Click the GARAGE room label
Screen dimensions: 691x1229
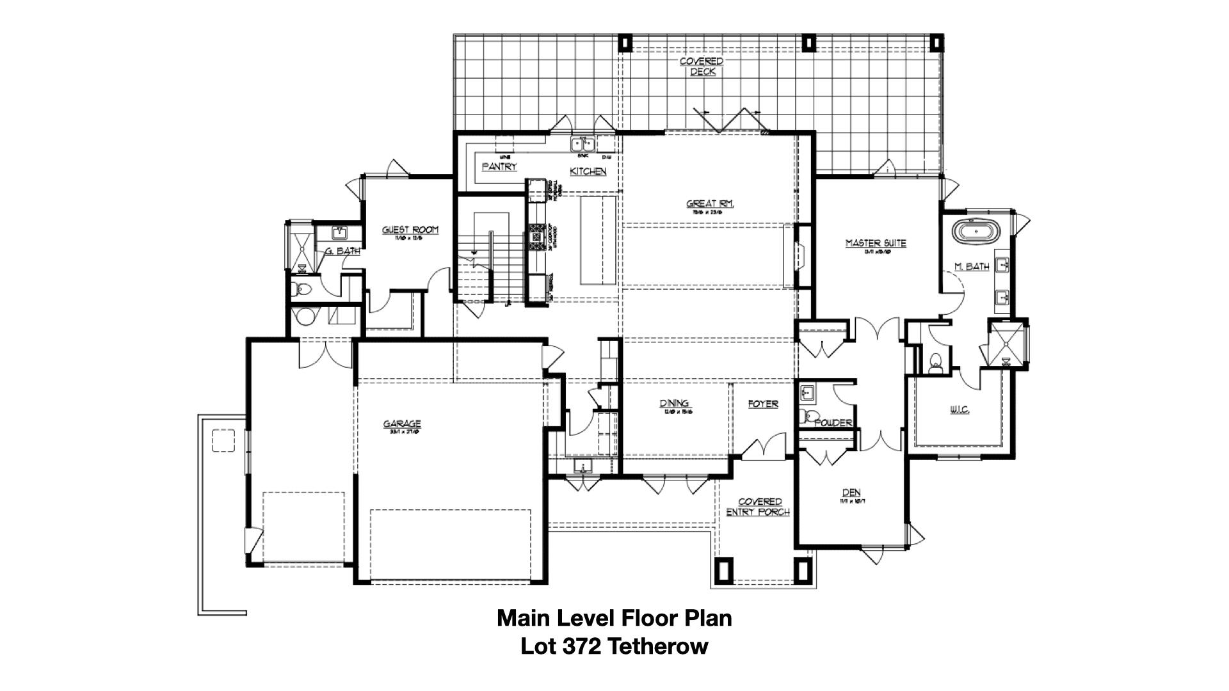[402, 424]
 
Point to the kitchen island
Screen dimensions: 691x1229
[598, 241]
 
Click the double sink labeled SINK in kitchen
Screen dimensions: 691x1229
[583, 145]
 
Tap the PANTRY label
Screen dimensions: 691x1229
[499, 167]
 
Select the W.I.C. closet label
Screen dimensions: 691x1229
[960, 409]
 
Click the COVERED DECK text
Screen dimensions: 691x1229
[702, 67]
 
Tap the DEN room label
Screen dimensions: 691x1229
[851, 493]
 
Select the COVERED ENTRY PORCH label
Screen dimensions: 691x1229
[759, 507]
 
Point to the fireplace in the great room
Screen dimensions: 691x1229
[798, 255]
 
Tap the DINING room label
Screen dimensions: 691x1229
[675, 403]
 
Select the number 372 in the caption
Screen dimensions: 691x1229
[581, 646]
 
